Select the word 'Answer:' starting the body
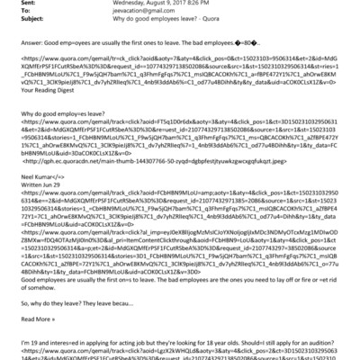[x=21, y=40]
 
